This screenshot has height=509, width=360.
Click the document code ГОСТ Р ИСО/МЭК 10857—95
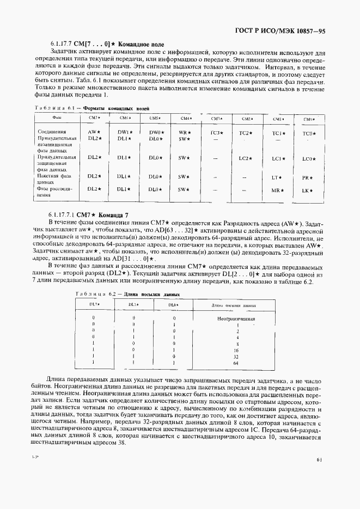[x=288, y=32]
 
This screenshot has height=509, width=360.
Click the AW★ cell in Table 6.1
[x=94, y=132]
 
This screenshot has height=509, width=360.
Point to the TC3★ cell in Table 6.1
[x=216, y=133]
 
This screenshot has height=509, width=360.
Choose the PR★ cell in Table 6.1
[x=308, y=178]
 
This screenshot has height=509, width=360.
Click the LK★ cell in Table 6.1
[x=308, y=191]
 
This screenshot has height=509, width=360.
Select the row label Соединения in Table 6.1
[x=51, y=132]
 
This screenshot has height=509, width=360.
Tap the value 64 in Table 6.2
[x=236, y=363]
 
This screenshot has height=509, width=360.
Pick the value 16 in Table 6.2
[x=236, y=351]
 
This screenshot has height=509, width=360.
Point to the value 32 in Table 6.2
[x=236, y=357]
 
